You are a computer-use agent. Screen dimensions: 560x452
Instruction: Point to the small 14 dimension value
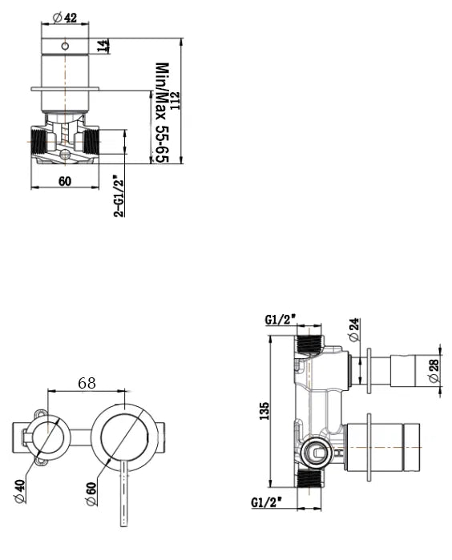tap(103, 45)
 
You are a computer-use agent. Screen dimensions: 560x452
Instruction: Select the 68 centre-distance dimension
tap(87, 383)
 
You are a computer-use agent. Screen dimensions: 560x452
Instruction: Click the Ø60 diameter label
tap(91, 489)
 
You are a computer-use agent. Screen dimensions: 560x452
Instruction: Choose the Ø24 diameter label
tap(354, 328)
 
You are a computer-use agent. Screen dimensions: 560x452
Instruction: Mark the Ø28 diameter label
tap(434, 369)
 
